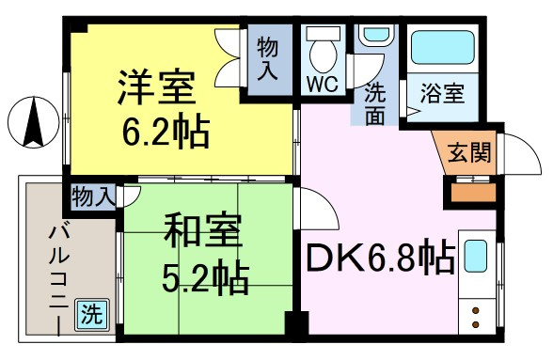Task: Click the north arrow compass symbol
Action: point(34,122)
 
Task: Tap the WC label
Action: point(323,85)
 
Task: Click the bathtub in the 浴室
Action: point(443,48)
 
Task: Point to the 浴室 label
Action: point(442,93)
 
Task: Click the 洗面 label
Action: point(374,103)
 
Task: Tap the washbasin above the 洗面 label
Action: point(374,35)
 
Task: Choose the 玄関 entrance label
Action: point(469,152)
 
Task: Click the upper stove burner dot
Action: point(476,311)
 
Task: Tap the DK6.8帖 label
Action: point(380,257)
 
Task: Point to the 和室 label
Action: point(202,230)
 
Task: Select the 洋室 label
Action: point(156,87)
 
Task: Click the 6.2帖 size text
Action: point(166,131)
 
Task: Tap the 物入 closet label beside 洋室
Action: point(268,59)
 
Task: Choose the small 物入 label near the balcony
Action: point(93,196)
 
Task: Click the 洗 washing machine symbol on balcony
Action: point(92,314)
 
